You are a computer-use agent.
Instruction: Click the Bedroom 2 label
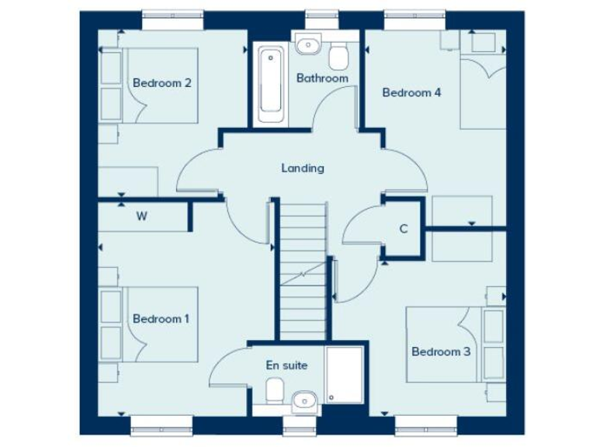pos(161,83)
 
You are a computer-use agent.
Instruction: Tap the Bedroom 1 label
pos(161,318)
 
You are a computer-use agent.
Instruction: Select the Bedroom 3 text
pos(441,352)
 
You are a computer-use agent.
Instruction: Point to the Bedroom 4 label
pos(411,92)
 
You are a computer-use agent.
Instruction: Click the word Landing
pos(302,168)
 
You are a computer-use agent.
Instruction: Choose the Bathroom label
pos(322,78)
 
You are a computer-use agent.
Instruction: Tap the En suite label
pos(286,365)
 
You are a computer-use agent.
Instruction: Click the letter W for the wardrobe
pos(141,217)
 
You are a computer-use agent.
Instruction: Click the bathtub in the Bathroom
pos(271,82)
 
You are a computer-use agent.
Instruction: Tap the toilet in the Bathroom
pos(338,54)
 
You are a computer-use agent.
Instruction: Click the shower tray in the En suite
pos(344,375)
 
